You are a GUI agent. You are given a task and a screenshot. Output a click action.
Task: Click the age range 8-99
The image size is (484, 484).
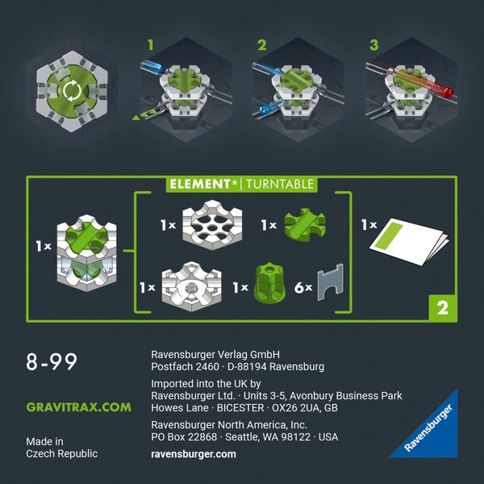pos(52,362)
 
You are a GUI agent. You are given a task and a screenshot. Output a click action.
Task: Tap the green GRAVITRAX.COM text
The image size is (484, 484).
pos(77,407)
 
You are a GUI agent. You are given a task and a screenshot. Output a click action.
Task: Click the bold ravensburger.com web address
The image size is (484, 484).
pos(194,453)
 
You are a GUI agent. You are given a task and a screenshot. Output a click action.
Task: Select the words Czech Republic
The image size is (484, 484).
pos(61,453)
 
